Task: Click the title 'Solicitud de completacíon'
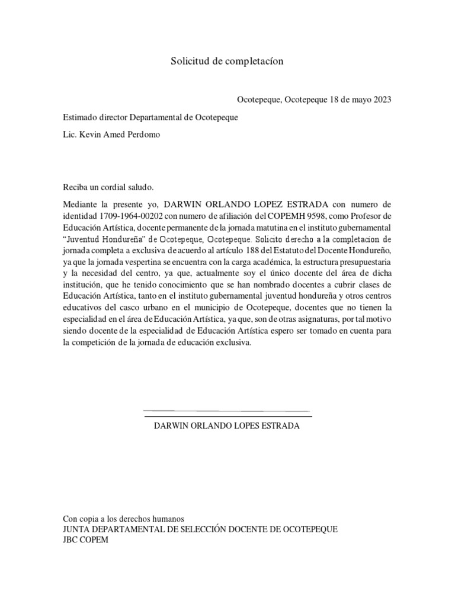[227, 61]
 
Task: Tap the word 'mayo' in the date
[358, 100]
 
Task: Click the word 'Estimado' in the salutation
[80, 117]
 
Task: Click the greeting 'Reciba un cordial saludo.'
[108, 188]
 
